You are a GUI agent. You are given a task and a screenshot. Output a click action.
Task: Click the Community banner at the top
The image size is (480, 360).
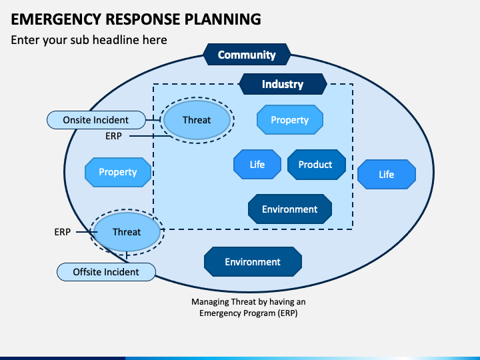coord(247,55)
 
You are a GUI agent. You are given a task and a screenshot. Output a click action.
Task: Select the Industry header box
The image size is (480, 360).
coord(283,84)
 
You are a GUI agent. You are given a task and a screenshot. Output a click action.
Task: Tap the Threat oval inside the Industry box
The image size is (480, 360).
coord(197,120)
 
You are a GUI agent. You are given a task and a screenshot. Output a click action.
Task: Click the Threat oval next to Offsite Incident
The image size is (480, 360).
coord(127,232)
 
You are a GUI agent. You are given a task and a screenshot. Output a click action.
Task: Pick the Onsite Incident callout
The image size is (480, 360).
coord(96,120)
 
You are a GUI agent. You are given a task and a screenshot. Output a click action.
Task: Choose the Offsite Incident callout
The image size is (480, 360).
coord(106,272)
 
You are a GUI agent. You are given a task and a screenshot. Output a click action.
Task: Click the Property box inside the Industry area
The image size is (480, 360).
coord(289,120)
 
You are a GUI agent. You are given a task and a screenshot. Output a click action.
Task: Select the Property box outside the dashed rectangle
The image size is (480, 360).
coord(118,172)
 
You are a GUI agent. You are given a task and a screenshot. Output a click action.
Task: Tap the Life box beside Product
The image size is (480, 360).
coord(257,165)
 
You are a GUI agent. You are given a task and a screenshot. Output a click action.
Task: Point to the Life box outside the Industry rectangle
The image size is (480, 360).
coord(387,174)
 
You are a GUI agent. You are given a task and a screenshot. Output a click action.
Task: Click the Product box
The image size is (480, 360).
coord(317,165)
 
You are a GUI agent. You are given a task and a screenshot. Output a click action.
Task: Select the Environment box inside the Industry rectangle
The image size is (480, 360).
coord(290,209)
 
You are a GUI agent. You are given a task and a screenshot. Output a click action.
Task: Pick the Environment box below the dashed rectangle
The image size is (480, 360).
coord(253,262)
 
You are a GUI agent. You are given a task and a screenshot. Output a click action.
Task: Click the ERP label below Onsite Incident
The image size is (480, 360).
coord(113,136)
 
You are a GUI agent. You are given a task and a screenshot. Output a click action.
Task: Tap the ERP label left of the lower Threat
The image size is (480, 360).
coord(63,232)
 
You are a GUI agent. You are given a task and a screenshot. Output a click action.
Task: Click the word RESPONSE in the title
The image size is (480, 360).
coord(143,19)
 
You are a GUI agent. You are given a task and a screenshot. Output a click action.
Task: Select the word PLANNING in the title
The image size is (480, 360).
coord(223,19)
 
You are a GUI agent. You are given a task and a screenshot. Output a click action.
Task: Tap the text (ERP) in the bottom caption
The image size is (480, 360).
coord(287,313)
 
